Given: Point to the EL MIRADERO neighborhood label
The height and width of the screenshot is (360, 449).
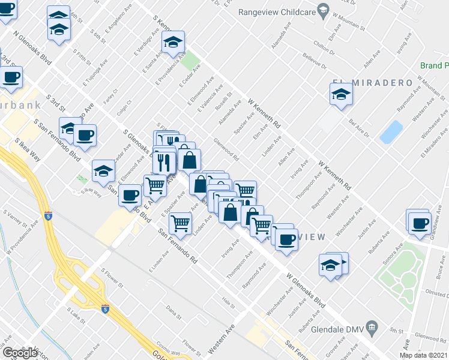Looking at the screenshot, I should tap(372, 83).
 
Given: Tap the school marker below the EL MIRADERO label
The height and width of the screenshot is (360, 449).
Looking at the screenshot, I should tap(340, 94).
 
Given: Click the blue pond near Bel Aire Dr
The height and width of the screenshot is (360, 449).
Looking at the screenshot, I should tap(391, 131).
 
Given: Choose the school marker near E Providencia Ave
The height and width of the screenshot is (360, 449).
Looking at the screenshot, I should tap(173, 43).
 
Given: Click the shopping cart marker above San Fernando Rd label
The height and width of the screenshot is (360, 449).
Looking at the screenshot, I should tap(181, 223).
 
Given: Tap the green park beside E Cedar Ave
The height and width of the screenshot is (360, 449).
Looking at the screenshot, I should tap(191, 60).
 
